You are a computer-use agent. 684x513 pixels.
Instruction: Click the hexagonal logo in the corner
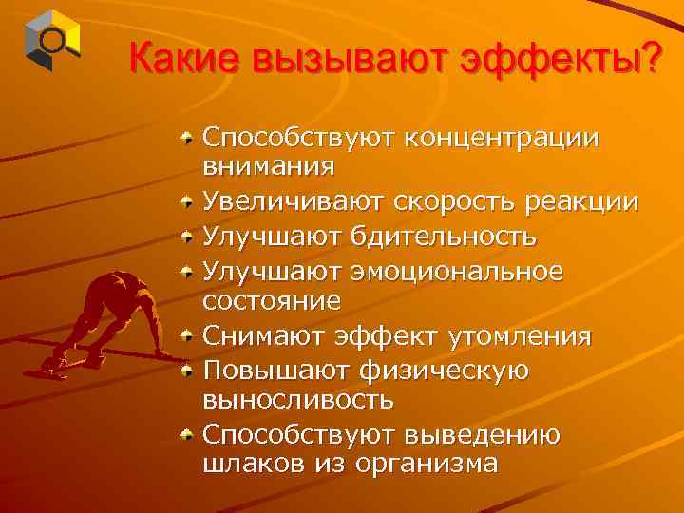(x=52, y=39)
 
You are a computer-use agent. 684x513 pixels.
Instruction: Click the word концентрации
(x=502, y=137)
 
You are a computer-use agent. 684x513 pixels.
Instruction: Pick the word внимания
(x=268, y=167)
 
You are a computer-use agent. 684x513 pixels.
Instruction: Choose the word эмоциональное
(x=459, y=269)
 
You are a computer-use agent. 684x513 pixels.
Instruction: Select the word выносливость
(x=298, y=400)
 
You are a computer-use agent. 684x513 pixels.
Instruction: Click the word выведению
(x=485, y=433)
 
